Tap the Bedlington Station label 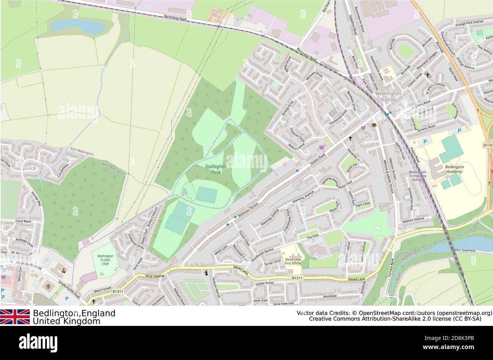click(x=388, y=96)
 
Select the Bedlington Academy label click(x=454, y=169)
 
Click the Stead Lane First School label click(x=293, y=261)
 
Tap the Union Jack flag click(x=15, y=316)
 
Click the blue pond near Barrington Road click(x=78, y=26)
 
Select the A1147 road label click(x=488, y=145)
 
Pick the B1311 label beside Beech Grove click(x=118, y=291)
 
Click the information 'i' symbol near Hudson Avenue click(x=206, y=272)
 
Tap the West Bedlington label click(x=113, y=168)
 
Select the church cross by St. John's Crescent click(x=428, y=75)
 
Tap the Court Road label click(x=23, y=221)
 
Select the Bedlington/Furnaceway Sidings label click(x=418, y=175)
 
